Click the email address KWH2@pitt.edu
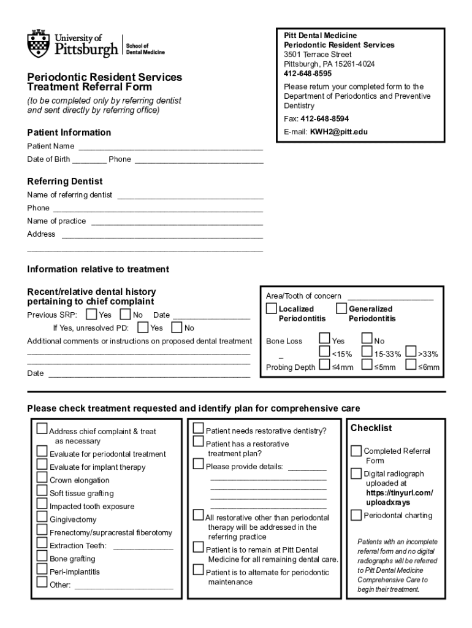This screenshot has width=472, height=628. [338, 131]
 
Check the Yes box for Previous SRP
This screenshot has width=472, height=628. [91, 315]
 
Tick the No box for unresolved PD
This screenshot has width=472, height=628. [177, 327]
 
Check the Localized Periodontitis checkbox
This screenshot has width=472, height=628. [271, 308]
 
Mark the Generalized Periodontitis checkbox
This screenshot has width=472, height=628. [341, 308]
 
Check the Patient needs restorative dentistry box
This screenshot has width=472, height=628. [199, 428]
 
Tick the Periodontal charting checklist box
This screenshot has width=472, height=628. [356, 515]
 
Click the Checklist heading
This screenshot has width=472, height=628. [371, 428]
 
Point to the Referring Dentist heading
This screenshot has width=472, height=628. [65, 182]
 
